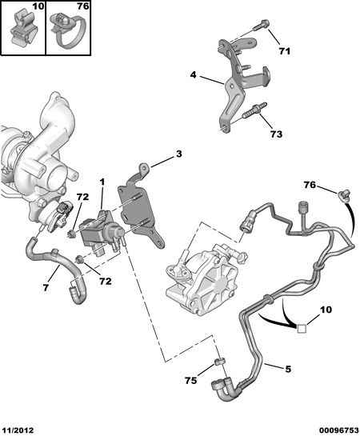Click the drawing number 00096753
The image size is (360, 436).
[x=339, y=430]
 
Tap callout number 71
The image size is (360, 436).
[x=284, y=51]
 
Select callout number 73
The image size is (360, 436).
[x=276, y=134]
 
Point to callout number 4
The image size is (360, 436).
[x=194, y=74]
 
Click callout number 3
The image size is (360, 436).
[x=178, y=154]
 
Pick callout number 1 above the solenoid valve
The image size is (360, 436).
[x=102, y=182]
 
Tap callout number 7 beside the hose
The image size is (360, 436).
[x=46, y=287]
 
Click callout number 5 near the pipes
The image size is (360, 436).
[x=288, y=369]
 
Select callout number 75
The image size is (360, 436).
[x=190, y=380]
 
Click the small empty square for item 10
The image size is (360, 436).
[x=302, y=329]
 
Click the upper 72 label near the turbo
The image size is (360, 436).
[x=82, y=197]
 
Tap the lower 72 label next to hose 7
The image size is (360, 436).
[x=106, y=281]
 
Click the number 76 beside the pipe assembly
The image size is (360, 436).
[x=310, y=185]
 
